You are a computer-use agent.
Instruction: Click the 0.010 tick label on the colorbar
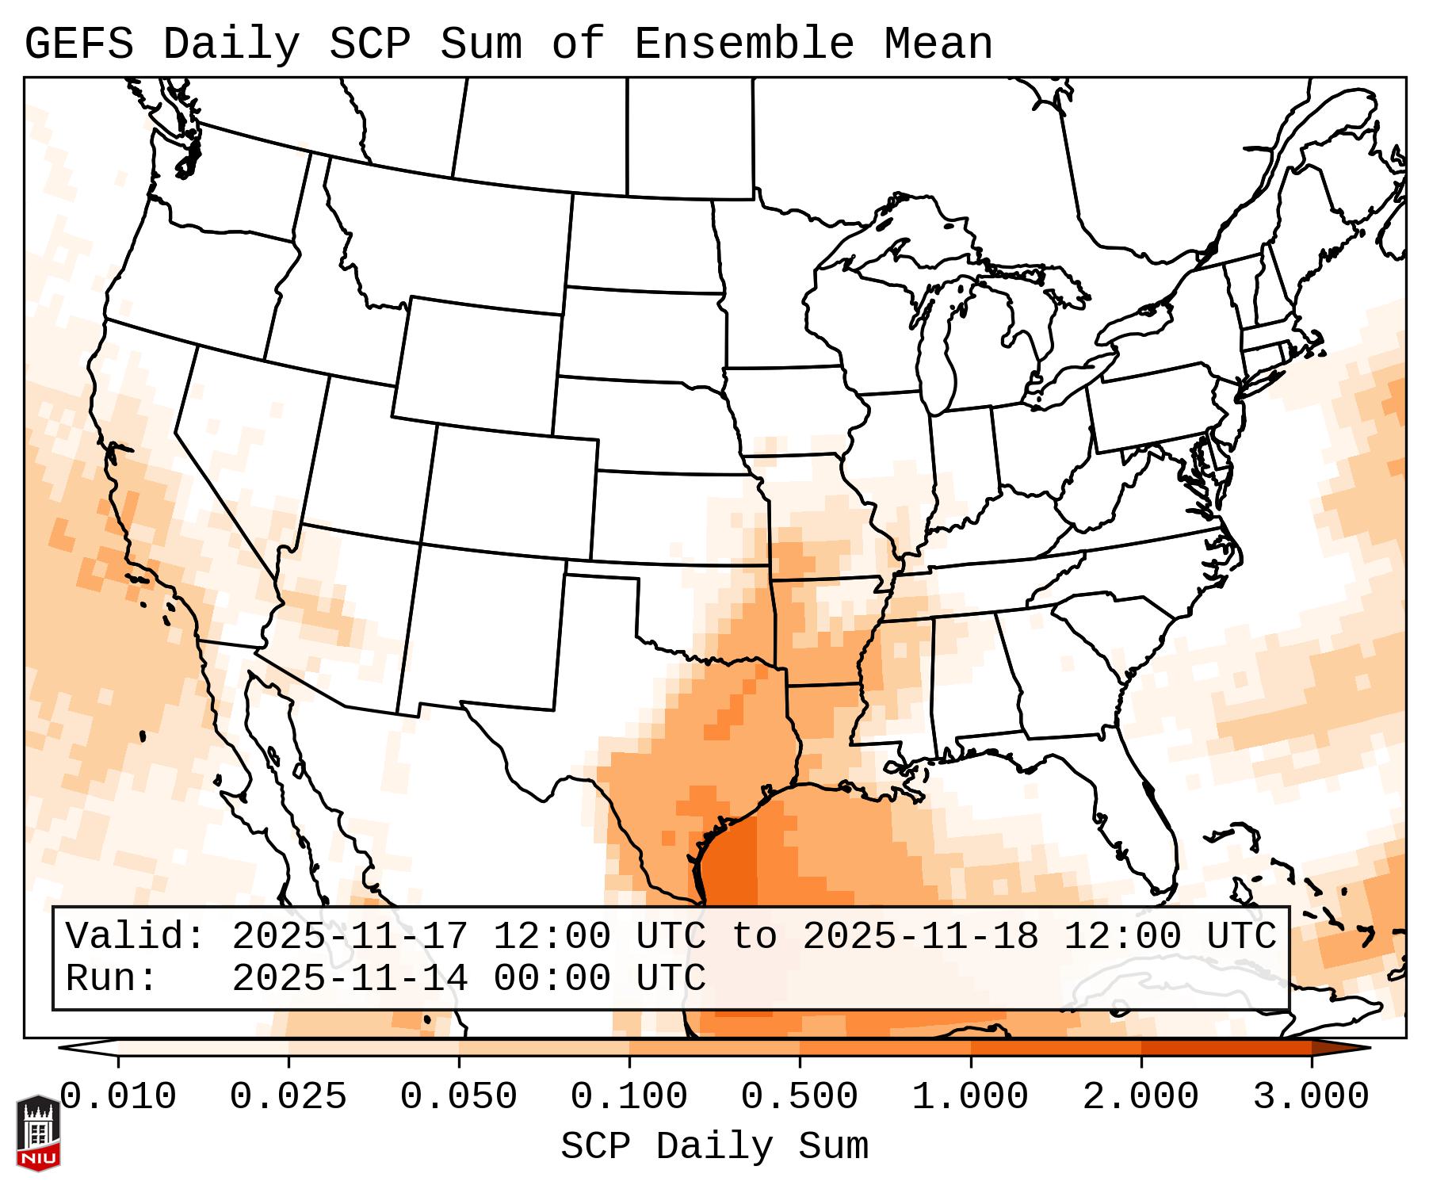click(x=118, y=1098)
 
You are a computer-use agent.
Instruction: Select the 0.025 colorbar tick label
click(x=288, y=1098)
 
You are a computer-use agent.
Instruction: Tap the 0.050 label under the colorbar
click(x=459, y=1098)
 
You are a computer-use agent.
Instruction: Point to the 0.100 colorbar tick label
click(x=629, y=1098)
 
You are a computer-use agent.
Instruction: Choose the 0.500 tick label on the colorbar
click(x=800, y=1098)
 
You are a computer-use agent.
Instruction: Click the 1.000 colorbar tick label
click(x=970, y=1098)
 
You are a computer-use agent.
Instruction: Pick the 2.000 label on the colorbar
click(x=1141, y=1098)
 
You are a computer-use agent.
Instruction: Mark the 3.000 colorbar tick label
click(x=1311, y=1098)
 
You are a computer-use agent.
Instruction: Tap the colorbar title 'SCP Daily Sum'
click(x=714, y=1147)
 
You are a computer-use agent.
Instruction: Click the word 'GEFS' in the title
click(x=79, y=44)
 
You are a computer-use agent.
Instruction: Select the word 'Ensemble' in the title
click(x=744, y=44)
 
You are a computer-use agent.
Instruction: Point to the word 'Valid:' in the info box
click(x=136, y=936)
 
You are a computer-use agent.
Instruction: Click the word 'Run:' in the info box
click(x=112, y=978)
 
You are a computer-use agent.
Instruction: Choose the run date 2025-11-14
click(x=350, y=978)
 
